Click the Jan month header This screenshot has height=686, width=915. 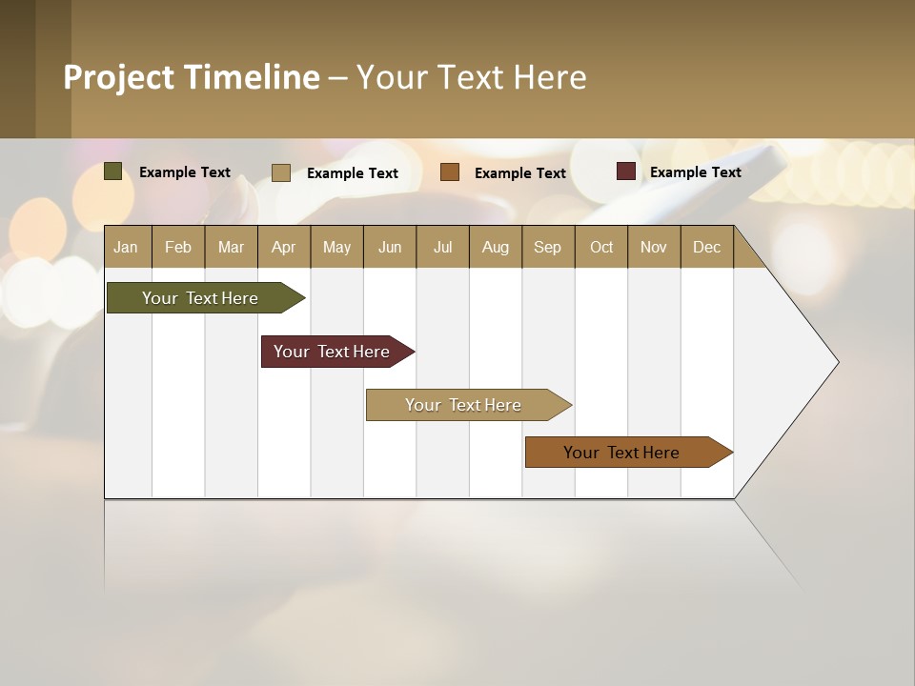126,247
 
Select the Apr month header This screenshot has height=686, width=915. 283,247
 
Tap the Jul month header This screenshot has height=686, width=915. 442,247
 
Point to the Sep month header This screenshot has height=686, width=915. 547,247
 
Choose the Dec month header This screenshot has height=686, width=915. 706,247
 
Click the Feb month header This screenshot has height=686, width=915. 178,247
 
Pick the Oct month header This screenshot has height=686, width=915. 601,247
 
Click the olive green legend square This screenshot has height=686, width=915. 112,171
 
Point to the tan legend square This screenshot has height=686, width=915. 280,172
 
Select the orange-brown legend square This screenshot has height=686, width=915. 450,172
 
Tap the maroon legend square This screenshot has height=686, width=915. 625,171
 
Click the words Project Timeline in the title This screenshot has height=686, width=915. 192,77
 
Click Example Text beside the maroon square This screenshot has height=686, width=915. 695,172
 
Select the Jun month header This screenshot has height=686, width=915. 390,247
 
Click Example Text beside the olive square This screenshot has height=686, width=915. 185,172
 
